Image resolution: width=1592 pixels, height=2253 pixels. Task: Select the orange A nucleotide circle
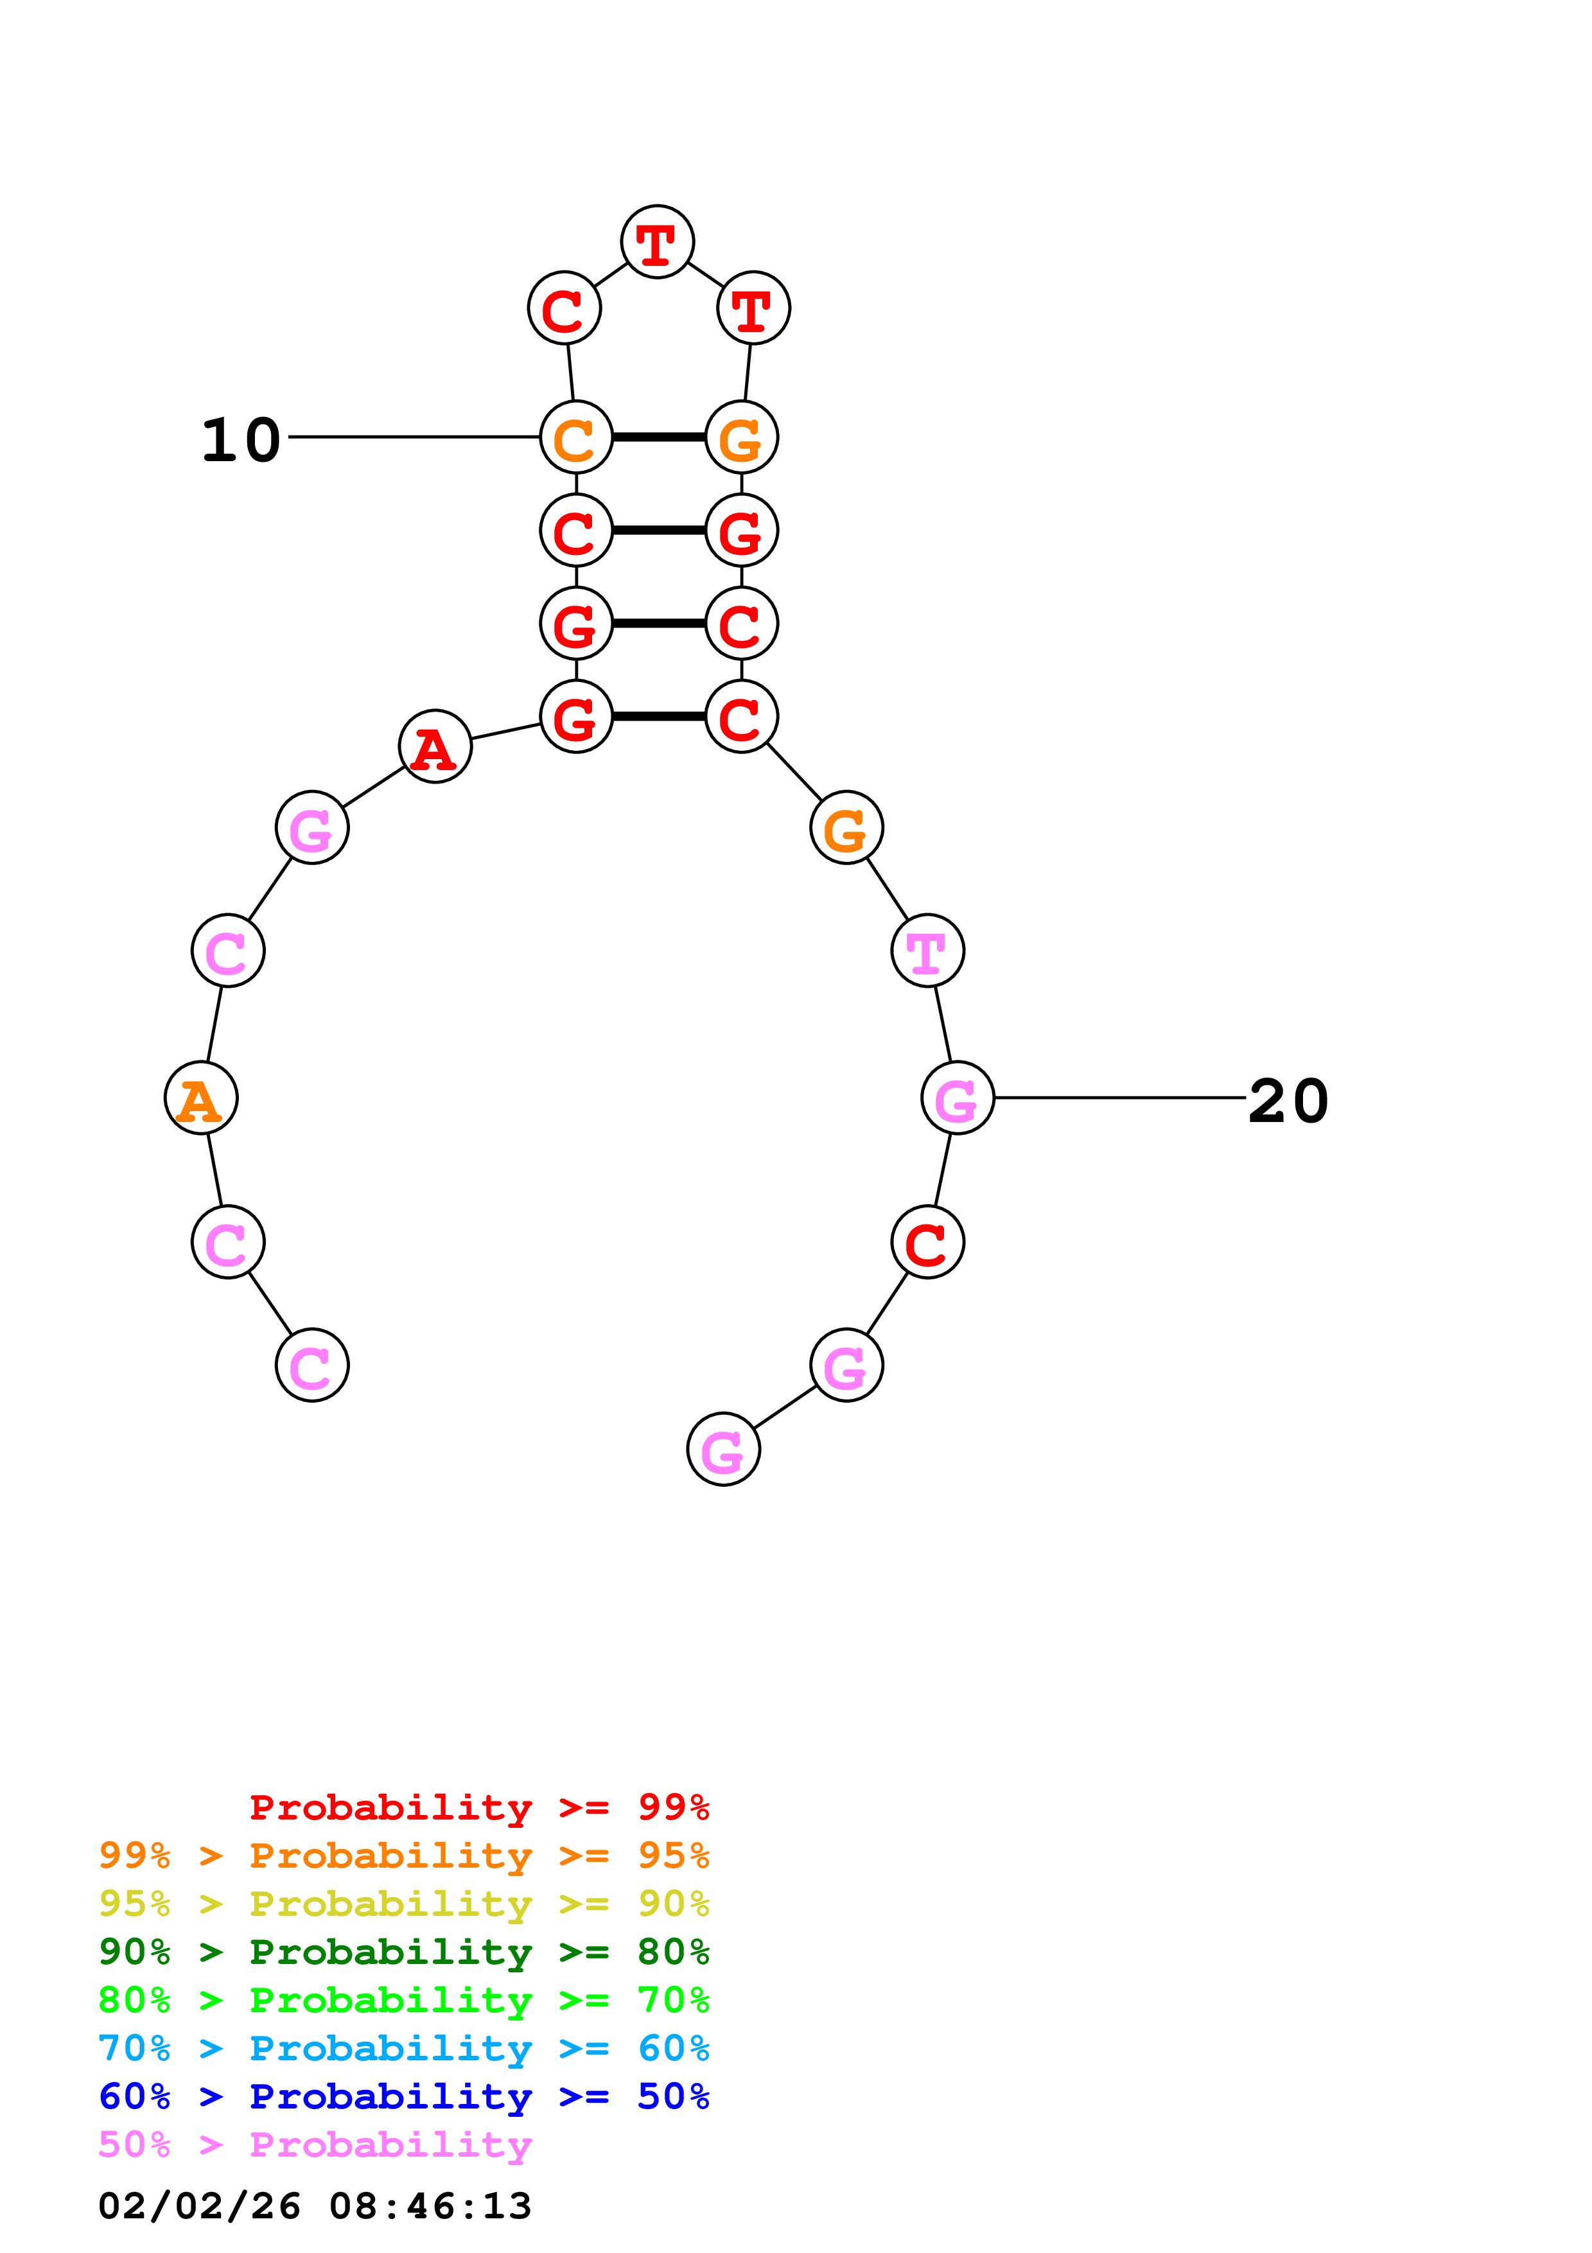pos(201,1098)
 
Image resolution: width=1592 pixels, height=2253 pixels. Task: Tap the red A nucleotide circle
pos(435,747)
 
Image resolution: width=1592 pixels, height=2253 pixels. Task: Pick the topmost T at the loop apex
pos(657,241)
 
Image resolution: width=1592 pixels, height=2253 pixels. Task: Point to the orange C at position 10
pos(576,437)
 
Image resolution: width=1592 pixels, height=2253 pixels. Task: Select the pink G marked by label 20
pos(958,1098)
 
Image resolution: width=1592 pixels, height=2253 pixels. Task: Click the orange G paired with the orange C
pos(742,437)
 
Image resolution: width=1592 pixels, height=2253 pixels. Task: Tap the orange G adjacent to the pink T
pos(846,828)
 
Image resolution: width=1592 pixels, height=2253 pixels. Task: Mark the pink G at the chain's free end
pos(724,1450)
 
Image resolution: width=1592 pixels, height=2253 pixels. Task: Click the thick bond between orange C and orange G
pos(658,437)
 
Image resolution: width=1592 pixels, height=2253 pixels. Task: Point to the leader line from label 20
pos(1118,1098)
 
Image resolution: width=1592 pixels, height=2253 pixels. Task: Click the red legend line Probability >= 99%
pos(478,1807)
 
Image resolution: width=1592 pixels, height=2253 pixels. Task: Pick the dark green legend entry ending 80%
pos(403,1952)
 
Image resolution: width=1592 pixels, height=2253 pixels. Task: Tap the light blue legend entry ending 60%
pos(403,2048)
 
